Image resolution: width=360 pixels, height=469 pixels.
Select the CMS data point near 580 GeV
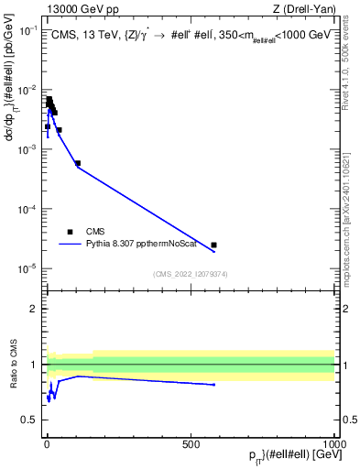(213, 245)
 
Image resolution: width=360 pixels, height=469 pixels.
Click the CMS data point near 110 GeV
(78, 163)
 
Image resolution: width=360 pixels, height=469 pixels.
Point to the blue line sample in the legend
(70, 245)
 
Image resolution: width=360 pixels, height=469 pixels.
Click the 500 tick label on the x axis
(191, 443)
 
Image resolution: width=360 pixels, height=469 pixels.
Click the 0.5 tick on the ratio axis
(32, 420)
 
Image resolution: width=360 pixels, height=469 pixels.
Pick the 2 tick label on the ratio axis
(35, 309)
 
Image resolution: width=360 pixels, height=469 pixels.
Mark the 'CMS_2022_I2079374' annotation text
(190, 273)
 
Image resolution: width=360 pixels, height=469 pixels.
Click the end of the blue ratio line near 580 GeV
(213, 385)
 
